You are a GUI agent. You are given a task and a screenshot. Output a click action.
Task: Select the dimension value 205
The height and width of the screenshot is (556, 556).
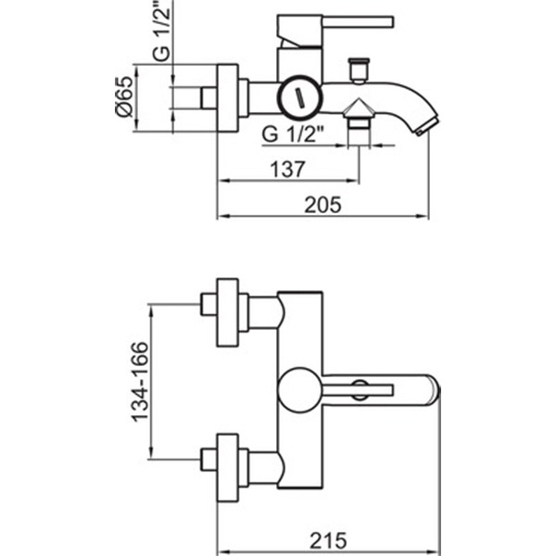pos(323,206)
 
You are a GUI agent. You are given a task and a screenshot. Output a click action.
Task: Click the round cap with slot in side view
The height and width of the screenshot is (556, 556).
pos(299,95)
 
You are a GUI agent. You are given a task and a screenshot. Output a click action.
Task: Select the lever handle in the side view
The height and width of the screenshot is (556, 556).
pos(352,19)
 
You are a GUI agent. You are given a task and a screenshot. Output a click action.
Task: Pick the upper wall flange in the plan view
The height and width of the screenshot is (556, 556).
pos(228,312)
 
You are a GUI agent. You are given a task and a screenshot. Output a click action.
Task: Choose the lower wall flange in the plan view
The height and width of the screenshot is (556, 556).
pos(228,467)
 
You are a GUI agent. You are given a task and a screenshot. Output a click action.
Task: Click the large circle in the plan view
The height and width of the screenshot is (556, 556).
pos(299,389)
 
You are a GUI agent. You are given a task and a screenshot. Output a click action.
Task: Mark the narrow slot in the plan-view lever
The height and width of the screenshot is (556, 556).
pos(367,389)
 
